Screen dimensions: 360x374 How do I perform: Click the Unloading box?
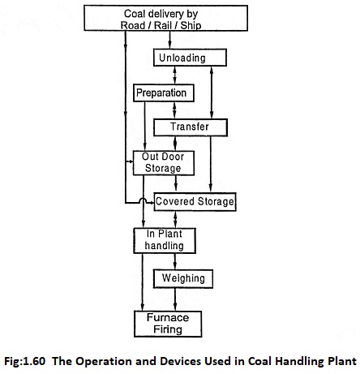pos(190,58)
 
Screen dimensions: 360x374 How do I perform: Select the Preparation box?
pos(164,93)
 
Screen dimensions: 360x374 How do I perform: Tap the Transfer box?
pos(191,127)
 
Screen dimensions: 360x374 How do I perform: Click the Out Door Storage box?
pos(164,163)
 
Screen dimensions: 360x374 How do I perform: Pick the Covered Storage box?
pos(195,202)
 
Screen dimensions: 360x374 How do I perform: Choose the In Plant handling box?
pos(165,241)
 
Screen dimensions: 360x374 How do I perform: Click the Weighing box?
pos(183,278)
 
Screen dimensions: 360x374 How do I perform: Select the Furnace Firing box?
pos(168,324)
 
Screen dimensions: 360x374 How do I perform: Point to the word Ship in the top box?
pos(191,25)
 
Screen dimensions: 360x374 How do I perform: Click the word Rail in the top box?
pos(163,25)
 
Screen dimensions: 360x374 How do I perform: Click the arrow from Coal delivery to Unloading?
pos(169,40)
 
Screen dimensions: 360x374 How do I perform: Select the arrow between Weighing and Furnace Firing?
pos(175,299)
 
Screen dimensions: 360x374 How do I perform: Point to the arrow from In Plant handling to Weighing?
pos(175,261)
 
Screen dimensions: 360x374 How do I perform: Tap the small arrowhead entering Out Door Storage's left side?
pos(131,161)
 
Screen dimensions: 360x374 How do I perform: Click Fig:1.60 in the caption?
pos(24,361)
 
